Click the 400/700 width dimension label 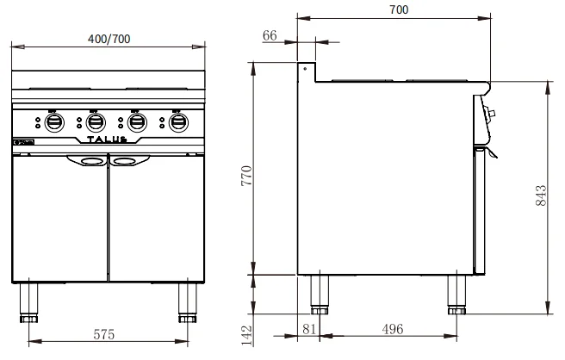(110, 39)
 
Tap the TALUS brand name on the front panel (109, 139)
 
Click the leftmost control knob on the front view (53, 122)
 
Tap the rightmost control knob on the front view (177, 122)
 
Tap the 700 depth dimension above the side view (398, 9)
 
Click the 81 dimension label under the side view (311, 328)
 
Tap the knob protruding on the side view (491, 113)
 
